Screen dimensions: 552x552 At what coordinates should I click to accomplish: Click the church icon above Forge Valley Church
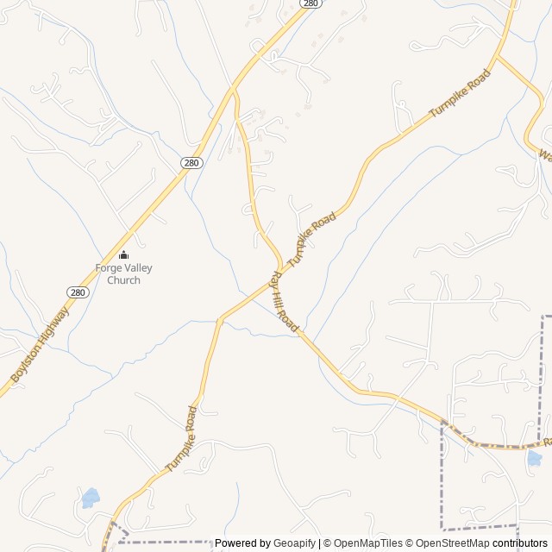coord(123,254)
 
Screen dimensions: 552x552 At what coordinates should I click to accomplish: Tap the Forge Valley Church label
coord(123,273)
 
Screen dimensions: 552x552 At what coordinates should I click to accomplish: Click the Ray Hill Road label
coord(285,302)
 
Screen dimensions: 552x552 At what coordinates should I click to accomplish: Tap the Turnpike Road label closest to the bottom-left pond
coord(181,438)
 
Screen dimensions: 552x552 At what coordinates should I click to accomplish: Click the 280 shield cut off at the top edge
coord(311,3)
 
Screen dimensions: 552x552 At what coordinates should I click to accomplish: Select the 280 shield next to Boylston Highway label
coord(78,292)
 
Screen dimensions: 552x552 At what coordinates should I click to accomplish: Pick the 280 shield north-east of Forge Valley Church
coord(191,162)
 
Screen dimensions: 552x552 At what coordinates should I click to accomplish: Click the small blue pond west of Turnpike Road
coord(90,498)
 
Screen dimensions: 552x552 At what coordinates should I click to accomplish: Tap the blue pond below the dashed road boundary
coord(535,458)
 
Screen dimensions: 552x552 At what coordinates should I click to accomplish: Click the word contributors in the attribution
coord(520,543)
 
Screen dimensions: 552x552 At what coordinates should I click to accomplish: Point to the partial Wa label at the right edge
coord(544,156)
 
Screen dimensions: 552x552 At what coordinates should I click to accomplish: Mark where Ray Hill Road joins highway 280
coord(233,88)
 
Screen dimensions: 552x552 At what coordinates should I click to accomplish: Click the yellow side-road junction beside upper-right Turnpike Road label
coord(497,58)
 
